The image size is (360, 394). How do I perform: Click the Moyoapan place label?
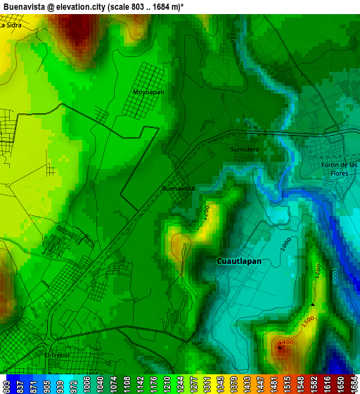click(x=148, y=92)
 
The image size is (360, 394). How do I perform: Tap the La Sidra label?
click(x=11, y=25)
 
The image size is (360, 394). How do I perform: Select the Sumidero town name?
click(x=245, y=150)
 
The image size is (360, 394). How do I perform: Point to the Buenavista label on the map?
click(x=178, y=189)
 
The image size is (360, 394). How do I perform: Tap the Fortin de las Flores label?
click(x=339, y=169)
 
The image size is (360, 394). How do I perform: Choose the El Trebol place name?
click(x=56, y=355)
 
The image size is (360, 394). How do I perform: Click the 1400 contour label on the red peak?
click(x=285, y=343)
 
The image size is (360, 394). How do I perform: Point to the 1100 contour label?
click(x=233, y=40)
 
